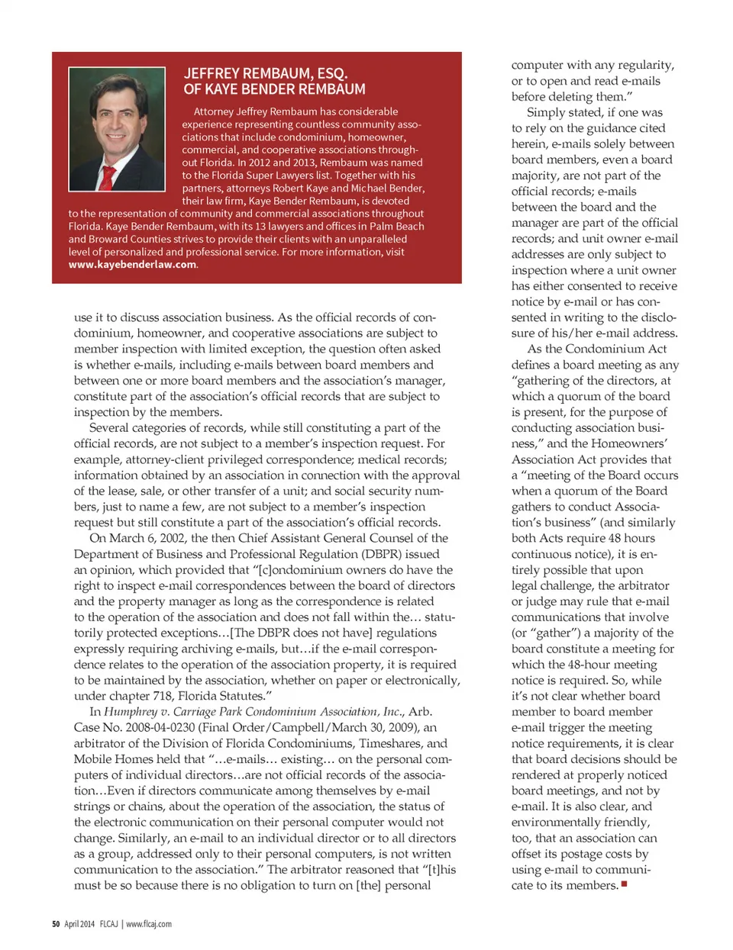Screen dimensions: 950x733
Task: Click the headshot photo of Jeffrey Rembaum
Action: tap(117, 129)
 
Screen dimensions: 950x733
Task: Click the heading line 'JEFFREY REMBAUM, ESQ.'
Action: tap(265, 73)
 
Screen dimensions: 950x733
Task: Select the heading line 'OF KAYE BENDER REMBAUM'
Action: tap(274, 89)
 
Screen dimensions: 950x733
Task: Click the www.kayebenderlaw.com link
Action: tap(132, 265)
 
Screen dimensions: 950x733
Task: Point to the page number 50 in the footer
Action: tap(56, 924)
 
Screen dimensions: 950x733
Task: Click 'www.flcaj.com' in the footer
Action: tap(149, 924)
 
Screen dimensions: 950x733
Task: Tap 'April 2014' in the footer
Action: tap(79, 924)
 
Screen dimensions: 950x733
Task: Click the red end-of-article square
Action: tap(624, 884)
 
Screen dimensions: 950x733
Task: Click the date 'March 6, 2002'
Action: tap(148, 538)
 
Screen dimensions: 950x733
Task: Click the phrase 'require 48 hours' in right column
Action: tap(606, 538)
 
